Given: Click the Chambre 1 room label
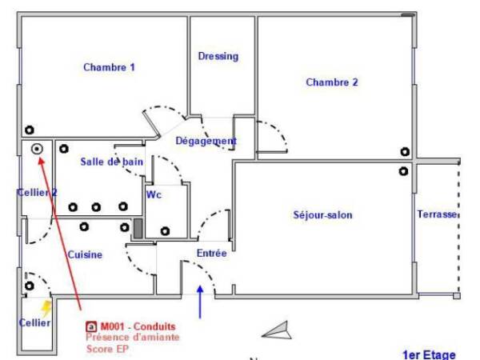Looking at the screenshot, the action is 109,67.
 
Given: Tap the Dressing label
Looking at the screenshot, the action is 218,56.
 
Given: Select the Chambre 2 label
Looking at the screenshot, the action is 332,82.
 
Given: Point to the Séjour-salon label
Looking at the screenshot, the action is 322,215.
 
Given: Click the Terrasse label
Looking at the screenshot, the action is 437,214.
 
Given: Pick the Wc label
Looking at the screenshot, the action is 154,194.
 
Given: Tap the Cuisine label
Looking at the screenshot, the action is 85,254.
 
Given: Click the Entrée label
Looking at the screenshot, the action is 211,253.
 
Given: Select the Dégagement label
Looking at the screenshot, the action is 206,141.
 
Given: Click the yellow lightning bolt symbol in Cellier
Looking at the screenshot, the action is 46,308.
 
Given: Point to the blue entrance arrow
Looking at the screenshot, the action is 200,302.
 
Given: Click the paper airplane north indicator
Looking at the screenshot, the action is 277,330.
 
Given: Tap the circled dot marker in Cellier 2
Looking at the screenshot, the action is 37,149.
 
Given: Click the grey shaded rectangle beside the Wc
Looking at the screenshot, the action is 138,228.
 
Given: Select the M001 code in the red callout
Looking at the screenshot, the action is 112,326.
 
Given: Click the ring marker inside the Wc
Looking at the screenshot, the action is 165,231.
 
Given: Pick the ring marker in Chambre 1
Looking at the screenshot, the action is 30,130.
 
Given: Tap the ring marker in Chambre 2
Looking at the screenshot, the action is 405,152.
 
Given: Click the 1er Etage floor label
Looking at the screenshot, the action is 429,354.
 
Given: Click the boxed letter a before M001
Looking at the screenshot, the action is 91,327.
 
